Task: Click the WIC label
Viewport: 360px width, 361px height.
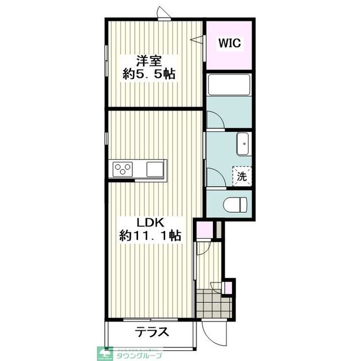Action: tap(230, 42)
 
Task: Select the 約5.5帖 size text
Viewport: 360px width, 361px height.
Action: tap(149, 74)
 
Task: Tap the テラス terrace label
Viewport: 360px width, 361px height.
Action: tap(152, 332)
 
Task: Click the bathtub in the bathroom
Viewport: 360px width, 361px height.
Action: tap(229, 86)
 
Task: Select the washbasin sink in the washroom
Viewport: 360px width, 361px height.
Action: tap(244, 144)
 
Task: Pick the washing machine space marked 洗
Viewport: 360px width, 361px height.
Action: tap(242, 176)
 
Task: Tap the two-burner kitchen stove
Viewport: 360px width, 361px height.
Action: tap(123, 169)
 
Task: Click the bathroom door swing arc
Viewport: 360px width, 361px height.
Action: tap(214, 120)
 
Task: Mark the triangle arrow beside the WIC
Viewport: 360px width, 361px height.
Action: tap(197, 39)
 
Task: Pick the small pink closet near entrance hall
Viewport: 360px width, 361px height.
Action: tap(203, 230)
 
